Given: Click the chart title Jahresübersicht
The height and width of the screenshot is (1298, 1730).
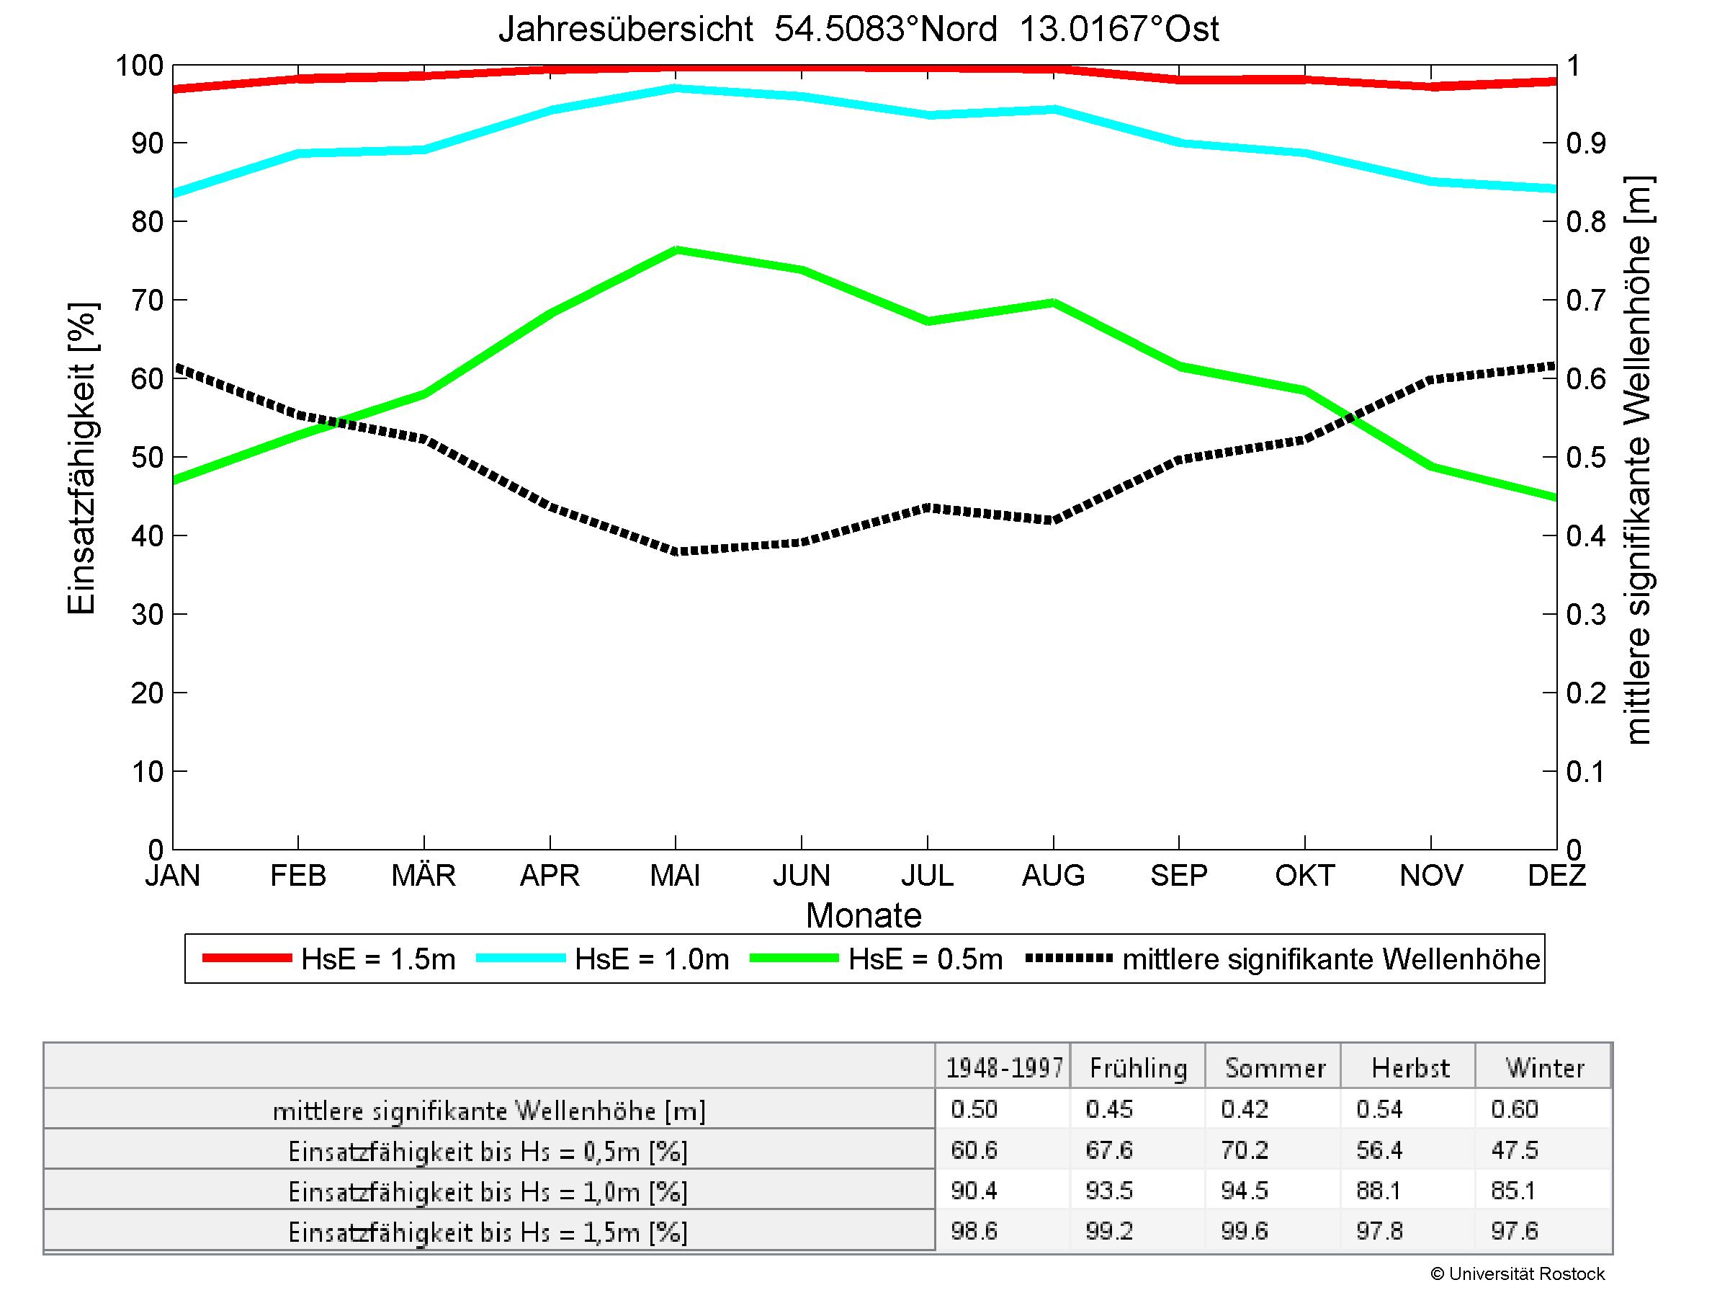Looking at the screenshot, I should [626, 30].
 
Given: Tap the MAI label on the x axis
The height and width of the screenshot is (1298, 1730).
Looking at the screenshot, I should [675, 875].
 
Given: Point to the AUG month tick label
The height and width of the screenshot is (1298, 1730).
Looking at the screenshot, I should [1053, 875].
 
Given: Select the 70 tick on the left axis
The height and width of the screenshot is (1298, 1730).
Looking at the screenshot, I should [146, 301].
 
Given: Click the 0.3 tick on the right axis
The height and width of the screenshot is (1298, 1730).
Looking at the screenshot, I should [1585, 615].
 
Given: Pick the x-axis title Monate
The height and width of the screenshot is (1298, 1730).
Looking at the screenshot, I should [864, 915].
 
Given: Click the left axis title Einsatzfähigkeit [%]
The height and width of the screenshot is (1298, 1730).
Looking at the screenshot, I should [81, 458].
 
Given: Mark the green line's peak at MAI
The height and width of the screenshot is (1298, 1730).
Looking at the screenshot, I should [676, 250].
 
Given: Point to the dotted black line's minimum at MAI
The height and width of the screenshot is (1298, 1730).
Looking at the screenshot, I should [676, 551].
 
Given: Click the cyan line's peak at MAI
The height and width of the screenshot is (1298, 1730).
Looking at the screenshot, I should [676, 89].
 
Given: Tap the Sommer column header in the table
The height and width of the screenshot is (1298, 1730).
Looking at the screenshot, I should [1275, 1068].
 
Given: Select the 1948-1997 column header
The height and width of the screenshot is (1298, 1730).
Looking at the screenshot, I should [1004, 1068].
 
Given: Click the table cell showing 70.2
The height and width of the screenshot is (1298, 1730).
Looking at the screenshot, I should [1245, 1150].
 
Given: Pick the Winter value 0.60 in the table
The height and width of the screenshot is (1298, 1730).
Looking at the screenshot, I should [1515, 1109].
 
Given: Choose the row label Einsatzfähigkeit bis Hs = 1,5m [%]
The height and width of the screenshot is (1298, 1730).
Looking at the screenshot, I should [488, 1232].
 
